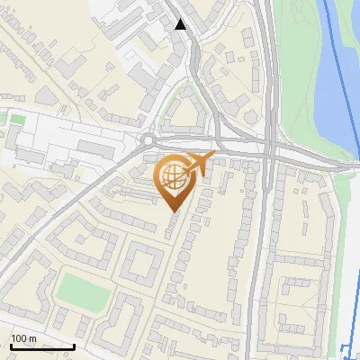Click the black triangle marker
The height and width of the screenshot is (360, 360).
tap(181, 24)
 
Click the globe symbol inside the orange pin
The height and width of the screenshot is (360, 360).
tap(173, 178)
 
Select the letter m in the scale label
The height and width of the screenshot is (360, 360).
tap(32, 338)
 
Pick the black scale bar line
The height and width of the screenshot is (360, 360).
tap(41, 346)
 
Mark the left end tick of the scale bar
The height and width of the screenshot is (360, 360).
tap(10, 345)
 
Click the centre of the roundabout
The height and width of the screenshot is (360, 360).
tap(147, 139)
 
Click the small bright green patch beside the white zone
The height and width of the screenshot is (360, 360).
tap(13, 118)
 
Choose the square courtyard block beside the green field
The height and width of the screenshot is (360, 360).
tap(140, 262)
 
